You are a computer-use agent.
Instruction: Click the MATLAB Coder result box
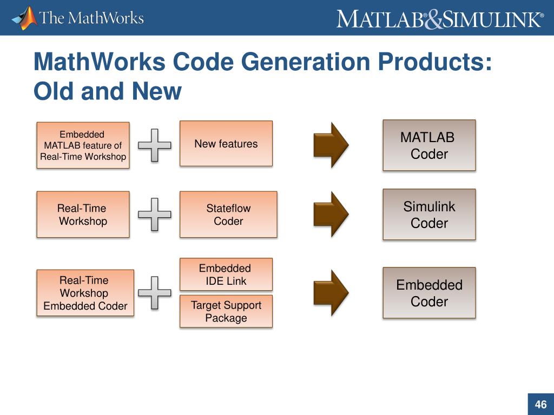[x=429, y=145]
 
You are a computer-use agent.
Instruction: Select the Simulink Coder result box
[x=429, y=215]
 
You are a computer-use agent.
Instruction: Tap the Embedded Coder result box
[x=429, y=293]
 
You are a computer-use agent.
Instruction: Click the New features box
[x=226, y=143]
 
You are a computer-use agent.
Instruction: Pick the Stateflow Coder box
[x=228, y=215]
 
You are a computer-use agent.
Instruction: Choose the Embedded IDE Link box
[x=226, y=275]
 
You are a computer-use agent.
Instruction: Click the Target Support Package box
[x=226, y=311]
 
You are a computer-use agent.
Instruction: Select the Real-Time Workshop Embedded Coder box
[x=85, y=293]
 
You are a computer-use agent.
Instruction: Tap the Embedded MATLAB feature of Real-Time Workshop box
[x=83, y=145]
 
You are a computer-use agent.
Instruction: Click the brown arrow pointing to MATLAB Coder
[x=331, y=145]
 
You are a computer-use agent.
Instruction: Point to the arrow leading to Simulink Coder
[x=331, y=215]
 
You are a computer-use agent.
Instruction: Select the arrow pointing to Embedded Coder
[x=331, y=293]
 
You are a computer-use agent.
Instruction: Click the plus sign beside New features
[x=155, y=145]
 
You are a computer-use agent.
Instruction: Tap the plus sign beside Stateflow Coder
[x=155, y=215]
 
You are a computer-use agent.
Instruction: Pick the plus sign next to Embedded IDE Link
[x=155, y=293]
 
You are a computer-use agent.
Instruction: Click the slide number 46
[x=540, y=404]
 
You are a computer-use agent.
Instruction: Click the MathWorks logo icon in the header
[x=24, y=18]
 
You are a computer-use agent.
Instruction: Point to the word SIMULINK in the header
[x=492, y=19]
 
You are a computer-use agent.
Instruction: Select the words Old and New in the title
[x=107, y=91]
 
